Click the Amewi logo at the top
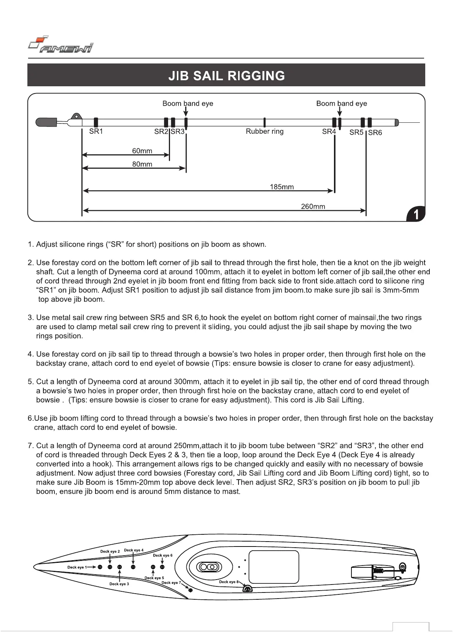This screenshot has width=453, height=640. pos(61,45)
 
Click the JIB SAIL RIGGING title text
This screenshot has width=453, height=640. pos(226,75)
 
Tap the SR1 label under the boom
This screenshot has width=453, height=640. pos(96,131)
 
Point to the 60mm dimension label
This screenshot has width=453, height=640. pos(142,151)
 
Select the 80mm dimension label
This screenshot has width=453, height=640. pos(142,164)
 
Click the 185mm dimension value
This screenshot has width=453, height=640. pos(281,187)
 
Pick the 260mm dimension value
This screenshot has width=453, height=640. pos(313,206)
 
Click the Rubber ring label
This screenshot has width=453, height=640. pos(264,131)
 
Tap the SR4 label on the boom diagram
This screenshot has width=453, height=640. pos(329,131)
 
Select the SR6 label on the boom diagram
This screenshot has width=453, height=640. pos(375,133)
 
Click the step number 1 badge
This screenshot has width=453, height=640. pos(416,215)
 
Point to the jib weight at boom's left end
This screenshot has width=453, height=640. pos(46,122)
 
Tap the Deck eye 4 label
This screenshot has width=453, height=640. pos(134,550)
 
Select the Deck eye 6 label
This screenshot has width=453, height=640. pos(162,555)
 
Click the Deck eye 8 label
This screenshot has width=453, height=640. pos(229,581)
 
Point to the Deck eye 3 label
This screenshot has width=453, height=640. pos(119,584)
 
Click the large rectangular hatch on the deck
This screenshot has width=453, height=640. pos(273,567)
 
